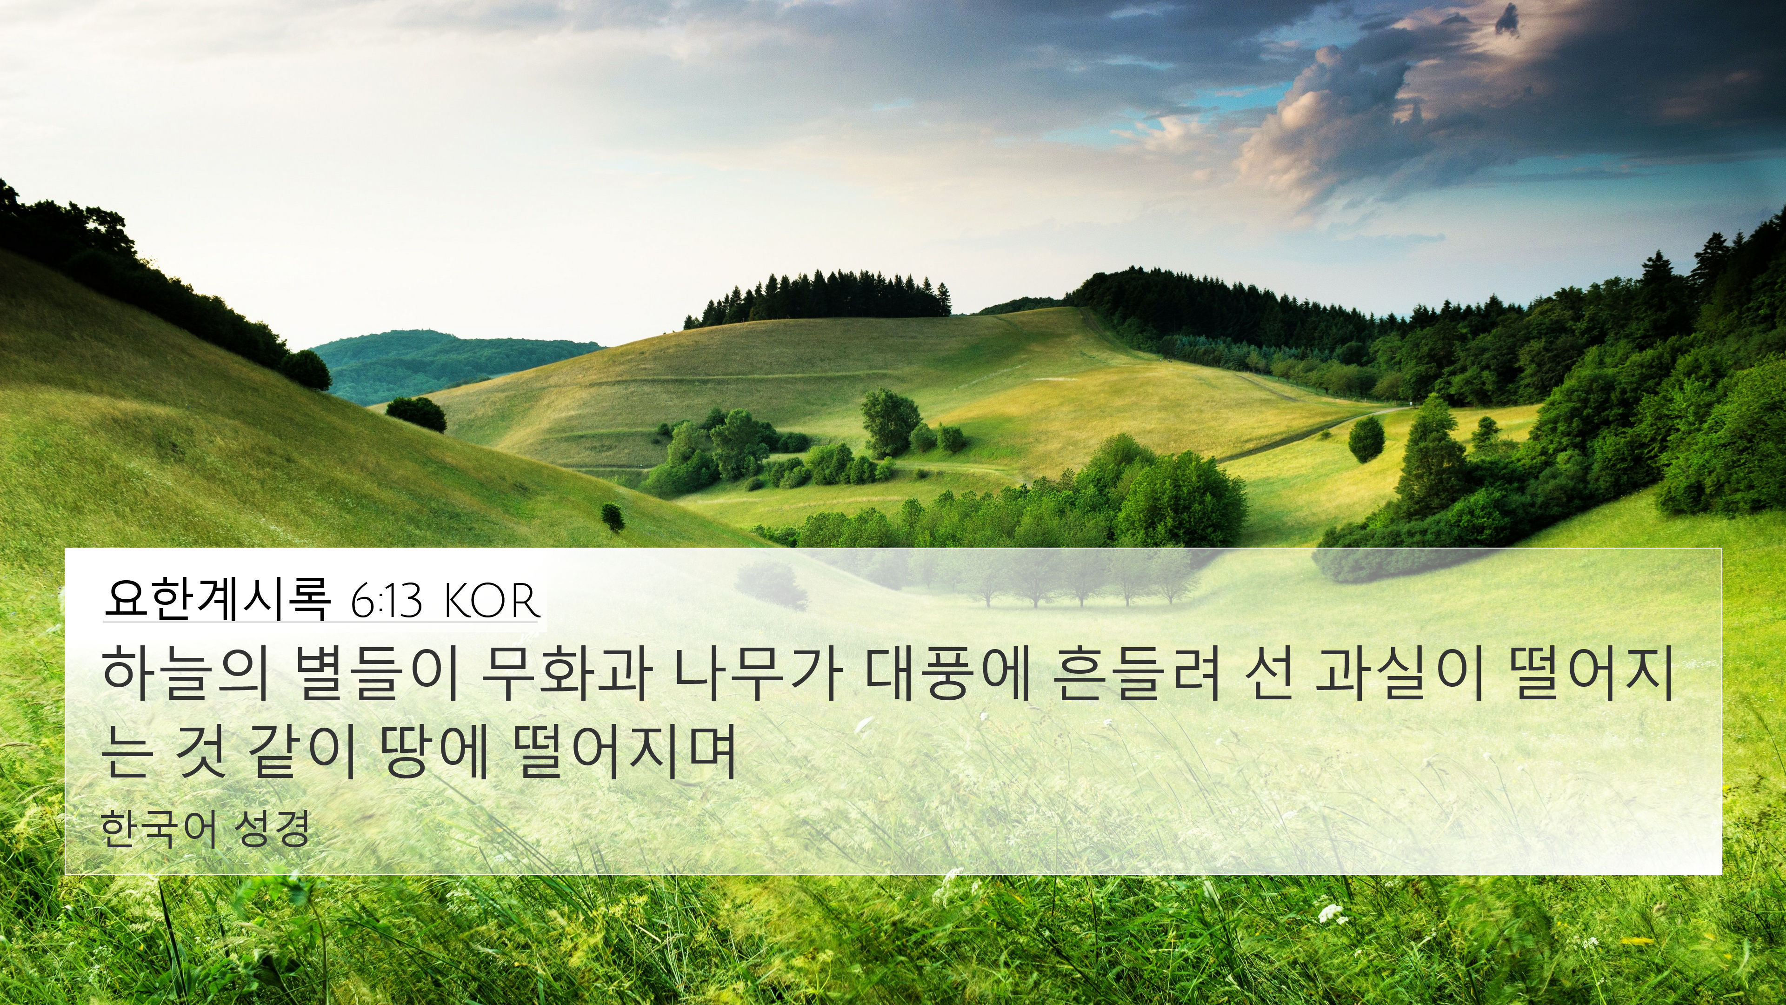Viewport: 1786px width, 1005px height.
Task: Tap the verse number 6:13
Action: (386, 601)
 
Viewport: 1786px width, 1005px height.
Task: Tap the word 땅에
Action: (435, 751)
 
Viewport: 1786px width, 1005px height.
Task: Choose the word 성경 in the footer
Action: (272, 829)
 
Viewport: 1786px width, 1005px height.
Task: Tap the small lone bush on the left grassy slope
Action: (613, 517)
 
